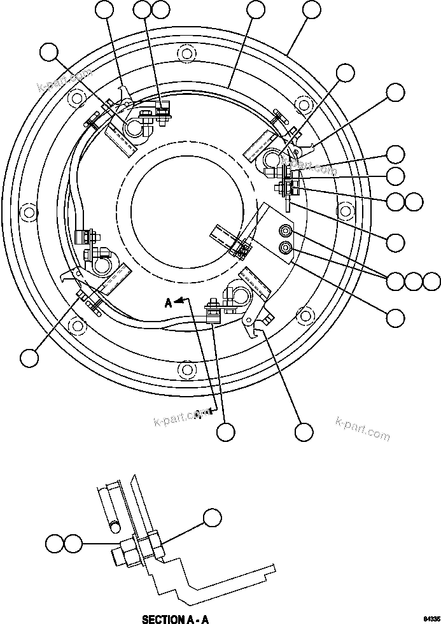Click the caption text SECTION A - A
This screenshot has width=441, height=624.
click(x=174, y=619)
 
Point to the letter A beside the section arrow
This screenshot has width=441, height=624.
click(x=169, y=304)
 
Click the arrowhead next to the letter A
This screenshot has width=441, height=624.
click(x=181, y=299)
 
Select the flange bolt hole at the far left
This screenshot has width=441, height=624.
click(x=27, y=211)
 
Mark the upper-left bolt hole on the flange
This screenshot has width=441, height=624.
click(x=76, y=99)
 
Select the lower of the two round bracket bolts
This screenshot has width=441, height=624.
click(x=285, y=247)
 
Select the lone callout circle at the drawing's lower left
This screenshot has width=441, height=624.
click(x=29, y=358)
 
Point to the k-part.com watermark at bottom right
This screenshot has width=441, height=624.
click(x=362, y=429)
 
